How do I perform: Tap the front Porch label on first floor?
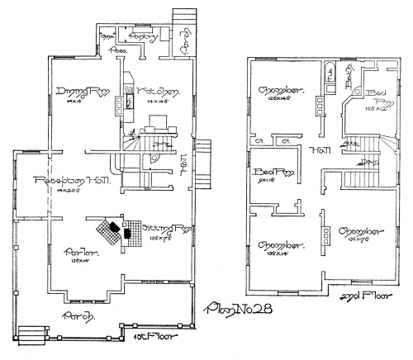tap(76, 316)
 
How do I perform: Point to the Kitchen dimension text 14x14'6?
tap(156, 102)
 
